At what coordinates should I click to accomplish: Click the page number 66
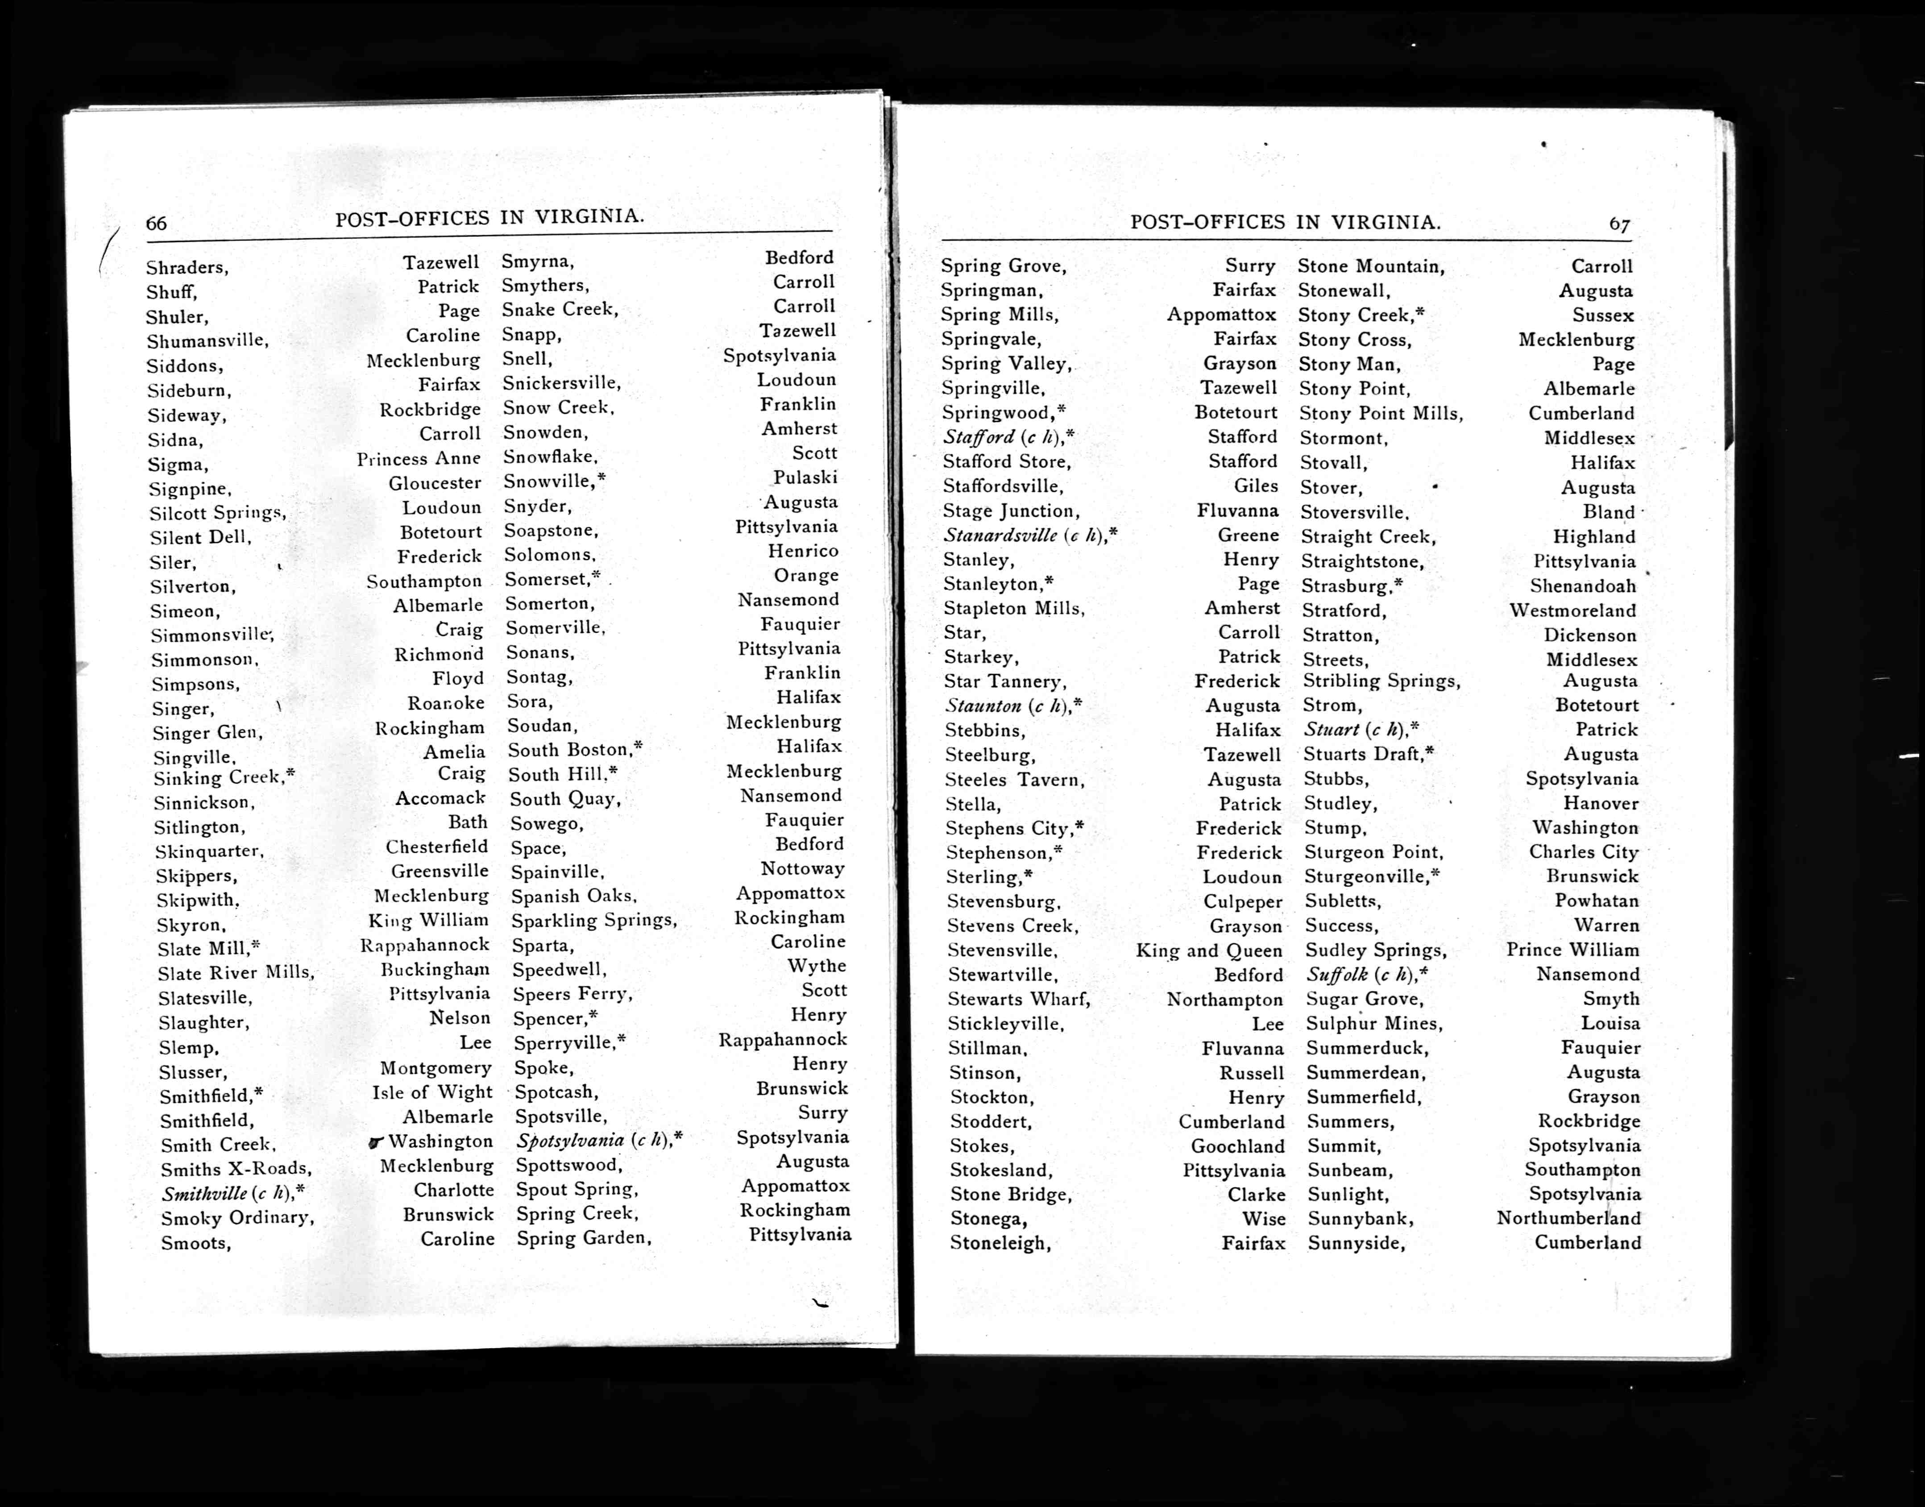click(x=156, y=223)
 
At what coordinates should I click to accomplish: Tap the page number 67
click(x=1619, y=224)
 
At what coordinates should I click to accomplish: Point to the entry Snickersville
click(x=561, y=383)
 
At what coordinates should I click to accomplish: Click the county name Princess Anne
click(x=418, y=459)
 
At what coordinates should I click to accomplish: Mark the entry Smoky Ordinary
click(x=236, y=1218)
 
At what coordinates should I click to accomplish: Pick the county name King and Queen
click(x=1209, y=951)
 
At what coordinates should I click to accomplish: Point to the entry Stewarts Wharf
click(x=1018, y=1000)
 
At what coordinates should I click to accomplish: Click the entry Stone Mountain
click(x=1370, y=266)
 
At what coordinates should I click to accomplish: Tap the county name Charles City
click(x=1584, y=852)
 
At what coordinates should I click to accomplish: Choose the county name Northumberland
click(x=1568, y=1218)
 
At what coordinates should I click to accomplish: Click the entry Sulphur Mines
click(x=1373, y=1024)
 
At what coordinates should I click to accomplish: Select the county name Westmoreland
click(x=1572, y=610)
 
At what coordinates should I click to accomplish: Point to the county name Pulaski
click(x=805, y=477)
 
